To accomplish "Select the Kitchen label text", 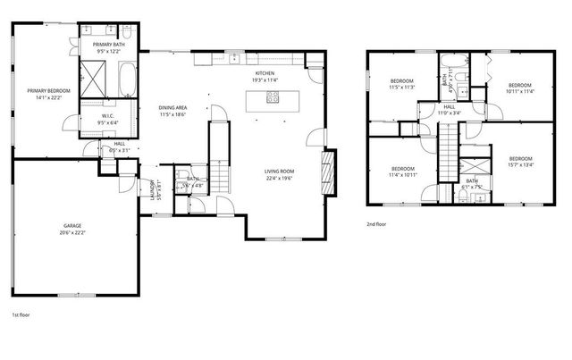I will point(265,73).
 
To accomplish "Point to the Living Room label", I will point(280,171).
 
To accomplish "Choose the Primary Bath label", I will point(106,44).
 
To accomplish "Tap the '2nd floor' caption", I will point(376,224).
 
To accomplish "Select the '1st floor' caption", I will point(21,315).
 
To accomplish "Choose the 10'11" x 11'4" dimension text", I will point(519,90).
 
